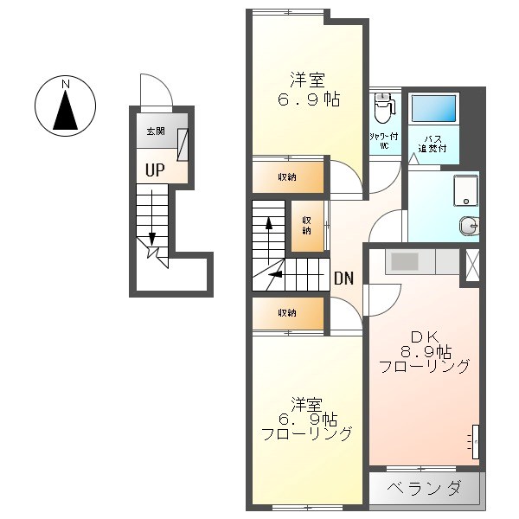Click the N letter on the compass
click(x=66, y=85)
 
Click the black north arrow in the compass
click(x=66, y=110)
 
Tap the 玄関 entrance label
click(x=156, y=131)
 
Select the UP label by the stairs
click(x=155, y=170)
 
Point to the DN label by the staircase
click(x=344, y=279)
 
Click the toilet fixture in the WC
click(x=383, y=108)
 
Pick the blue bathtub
click(x=433, y=108)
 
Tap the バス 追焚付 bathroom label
click(x=432, y=144)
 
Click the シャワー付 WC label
click(x=384, y=141)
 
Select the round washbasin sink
click(x=469, y=226)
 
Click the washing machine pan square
click(x=465, y=190)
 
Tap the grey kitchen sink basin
click(x=405, y=261)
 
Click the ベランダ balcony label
click(x=424, y=488)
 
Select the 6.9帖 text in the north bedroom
click(x=309, y=99)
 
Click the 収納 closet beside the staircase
click(x=307, y=227)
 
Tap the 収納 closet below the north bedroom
click(x=288, y=177)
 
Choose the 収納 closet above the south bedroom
click(x=288, y=313)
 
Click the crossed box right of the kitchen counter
click(x=472, y=266)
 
